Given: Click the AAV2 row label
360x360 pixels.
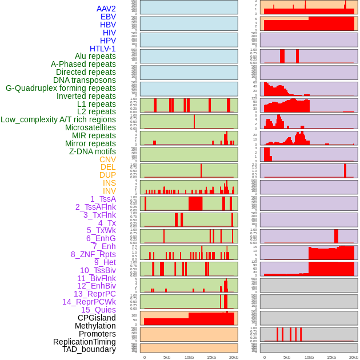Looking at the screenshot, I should (106, 9).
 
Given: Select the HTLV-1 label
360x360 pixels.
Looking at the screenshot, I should (103, 49).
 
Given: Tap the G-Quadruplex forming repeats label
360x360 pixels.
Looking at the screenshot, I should (61, 88).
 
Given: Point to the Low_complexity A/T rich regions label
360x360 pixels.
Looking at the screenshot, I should (58, 119).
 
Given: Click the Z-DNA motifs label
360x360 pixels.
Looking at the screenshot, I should (93, 151).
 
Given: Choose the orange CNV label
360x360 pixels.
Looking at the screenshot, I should (107, 159).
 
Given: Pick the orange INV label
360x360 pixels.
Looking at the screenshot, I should (109, 191).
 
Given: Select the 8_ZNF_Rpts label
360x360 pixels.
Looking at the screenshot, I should (93, 254).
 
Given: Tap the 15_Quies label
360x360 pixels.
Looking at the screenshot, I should (98, 310).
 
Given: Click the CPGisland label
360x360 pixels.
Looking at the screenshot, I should (97, 318).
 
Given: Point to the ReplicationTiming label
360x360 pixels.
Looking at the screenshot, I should (85, 342).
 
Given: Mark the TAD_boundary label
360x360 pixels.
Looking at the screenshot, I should (89, 349).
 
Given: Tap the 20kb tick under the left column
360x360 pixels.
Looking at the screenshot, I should (233, 357).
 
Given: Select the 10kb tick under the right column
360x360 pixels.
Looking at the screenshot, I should (309, 357).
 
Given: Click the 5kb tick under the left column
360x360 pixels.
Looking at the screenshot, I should (167, 357).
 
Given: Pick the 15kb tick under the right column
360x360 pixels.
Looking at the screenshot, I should (331, 357).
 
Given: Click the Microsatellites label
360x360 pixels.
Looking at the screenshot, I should (90, 127).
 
